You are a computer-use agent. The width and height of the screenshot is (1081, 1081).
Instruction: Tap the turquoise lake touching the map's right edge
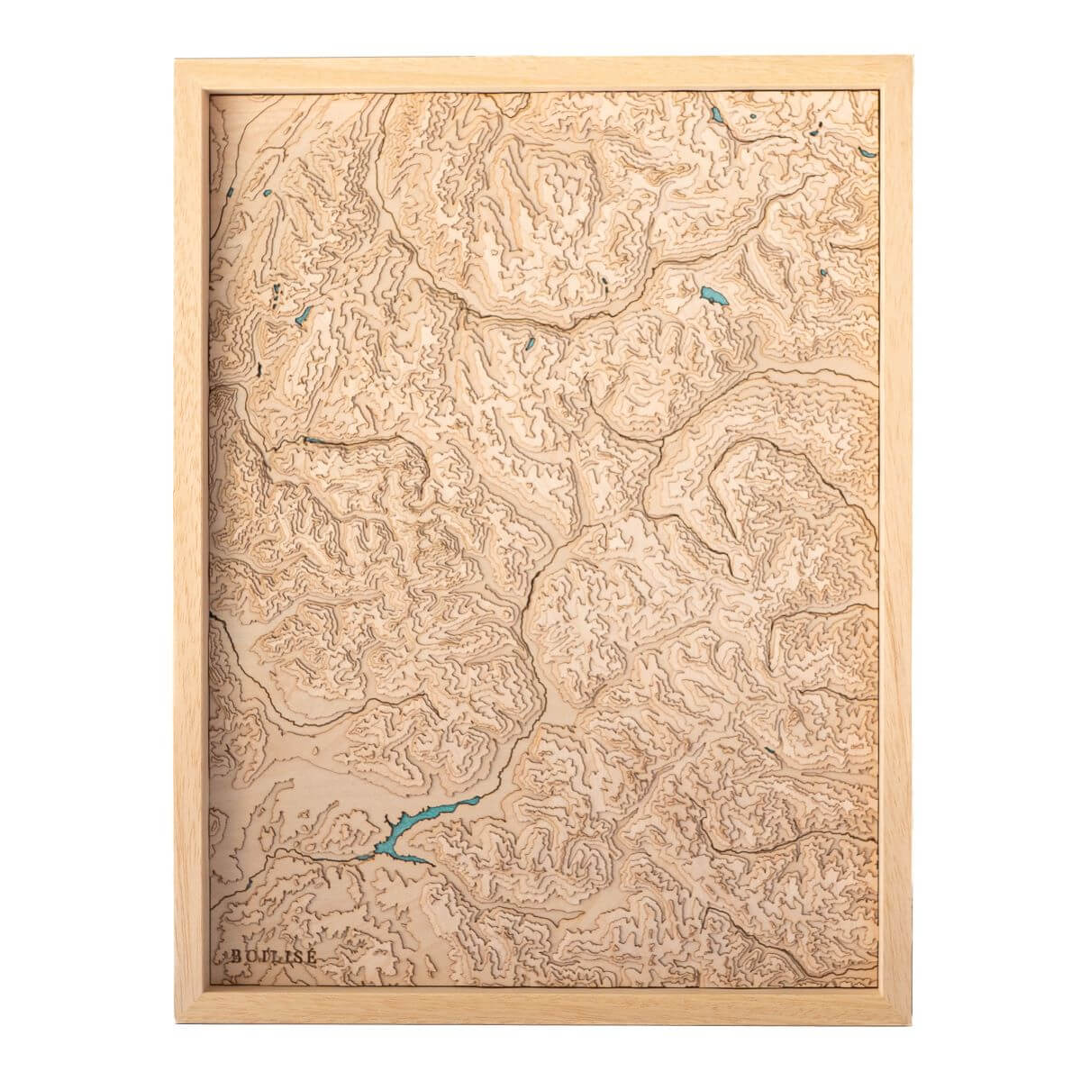tap(867, 154)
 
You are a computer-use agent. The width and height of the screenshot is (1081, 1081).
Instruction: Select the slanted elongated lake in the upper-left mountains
tap(305, 313)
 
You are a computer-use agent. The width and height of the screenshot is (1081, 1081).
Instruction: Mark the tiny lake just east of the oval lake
tap(824, 275)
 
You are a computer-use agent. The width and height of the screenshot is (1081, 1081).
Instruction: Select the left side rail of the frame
tap(187, 540)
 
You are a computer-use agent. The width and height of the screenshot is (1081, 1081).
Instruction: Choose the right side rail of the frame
tap(894, 540)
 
